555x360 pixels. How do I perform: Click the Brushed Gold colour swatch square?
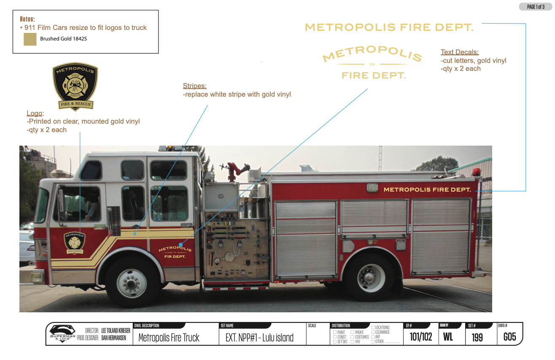pos(30,40)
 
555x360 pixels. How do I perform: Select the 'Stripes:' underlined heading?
pos(194,86)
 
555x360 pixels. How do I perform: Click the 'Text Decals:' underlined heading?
pos(460,52)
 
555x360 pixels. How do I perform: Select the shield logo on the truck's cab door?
pos(74,243)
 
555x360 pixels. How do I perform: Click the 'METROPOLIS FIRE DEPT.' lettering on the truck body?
pos(427,190)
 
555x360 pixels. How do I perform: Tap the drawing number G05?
pos(509,337)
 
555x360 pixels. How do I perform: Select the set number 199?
pos(477,338)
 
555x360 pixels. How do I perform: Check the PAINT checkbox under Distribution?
pos(335,333)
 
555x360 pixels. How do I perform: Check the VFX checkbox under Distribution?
pos(352,342)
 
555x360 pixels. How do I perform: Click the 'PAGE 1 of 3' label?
pos(536,7)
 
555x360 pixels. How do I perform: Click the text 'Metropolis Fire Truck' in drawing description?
pos(169,338)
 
